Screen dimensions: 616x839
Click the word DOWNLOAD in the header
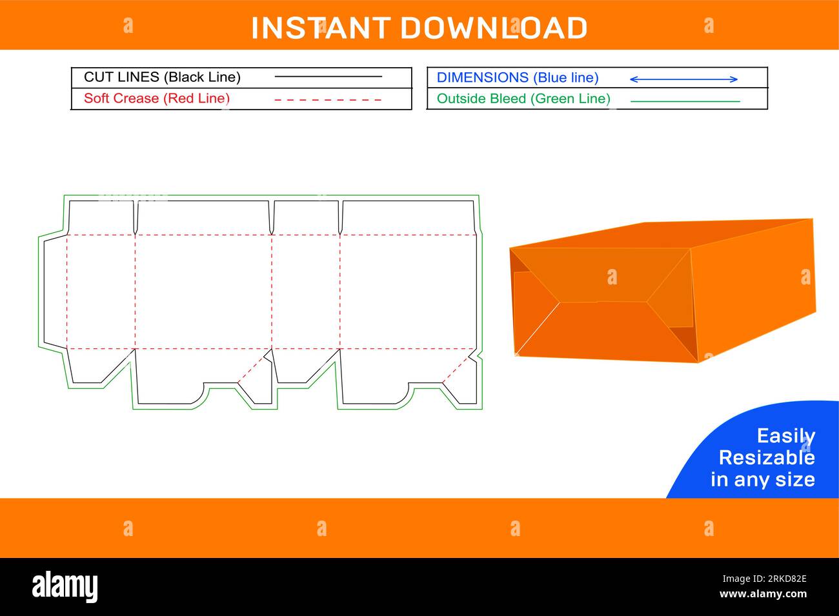click(x=494, y=28)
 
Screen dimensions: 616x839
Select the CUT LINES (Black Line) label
click(x=162, y=77)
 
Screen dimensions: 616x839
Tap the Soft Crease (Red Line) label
click(x=157, y=99)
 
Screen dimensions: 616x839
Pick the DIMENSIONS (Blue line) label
click(x=518, y=78)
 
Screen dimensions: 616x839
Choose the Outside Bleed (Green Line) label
click(x=523, y=99)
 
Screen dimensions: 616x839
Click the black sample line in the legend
click(x=328, y=77)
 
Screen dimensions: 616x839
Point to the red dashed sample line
click(x=328, y=100)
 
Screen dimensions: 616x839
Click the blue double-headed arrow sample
click(x=683, y=79)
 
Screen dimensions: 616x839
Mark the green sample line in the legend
click(x=685, y=101)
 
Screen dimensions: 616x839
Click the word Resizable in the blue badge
click(x=766, y=457)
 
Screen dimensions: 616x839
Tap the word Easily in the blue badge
click(x=785, y=436)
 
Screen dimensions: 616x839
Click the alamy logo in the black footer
click(x=65, y=586)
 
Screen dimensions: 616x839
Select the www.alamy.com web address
click(x=763, y=594)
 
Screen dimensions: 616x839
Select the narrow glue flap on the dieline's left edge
click(x=53, y=292)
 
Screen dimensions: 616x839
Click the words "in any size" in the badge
click(x=762, y=479)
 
